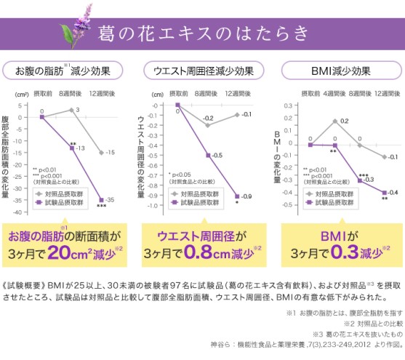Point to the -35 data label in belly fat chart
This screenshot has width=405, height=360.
coord(110,199)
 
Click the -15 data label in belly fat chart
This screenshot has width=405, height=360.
coord(110,152)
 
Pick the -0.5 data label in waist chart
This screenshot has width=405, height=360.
coord(217,156)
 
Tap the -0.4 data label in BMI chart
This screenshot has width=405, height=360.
coord(392,191)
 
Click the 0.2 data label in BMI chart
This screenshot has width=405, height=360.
coord(344,121)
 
